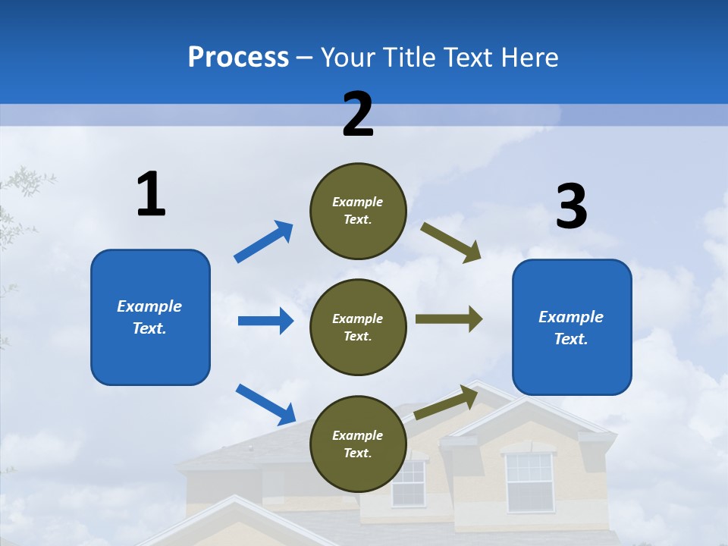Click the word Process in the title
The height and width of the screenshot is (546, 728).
[238, 58]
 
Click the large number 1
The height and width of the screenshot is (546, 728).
[151, 194]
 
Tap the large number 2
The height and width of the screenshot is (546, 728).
[358, 114]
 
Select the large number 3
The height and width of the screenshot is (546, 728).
[571, 207]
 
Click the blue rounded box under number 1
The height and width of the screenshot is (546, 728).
[150, 317]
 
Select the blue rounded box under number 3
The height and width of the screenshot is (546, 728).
[572, 328]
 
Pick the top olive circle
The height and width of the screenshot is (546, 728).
[358, 211]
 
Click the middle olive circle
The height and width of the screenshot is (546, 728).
[358, 328]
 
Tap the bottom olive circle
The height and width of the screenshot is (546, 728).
[358, 444]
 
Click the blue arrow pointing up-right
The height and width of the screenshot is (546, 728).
[263, 242]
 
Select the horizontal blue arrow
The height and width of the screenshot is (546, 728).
[265, 321]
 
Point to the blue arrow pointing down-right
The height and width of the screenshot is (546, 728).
[265, 403]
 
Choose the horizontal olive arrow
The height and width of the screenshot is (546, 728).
[449, 319]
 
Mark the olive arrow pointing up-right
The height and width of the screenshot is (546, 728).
[446, 403]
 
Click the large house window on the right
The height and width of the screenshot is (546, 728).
[529, 481]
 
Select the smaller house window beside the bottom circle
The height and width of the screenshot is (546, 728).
[408, 484]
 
